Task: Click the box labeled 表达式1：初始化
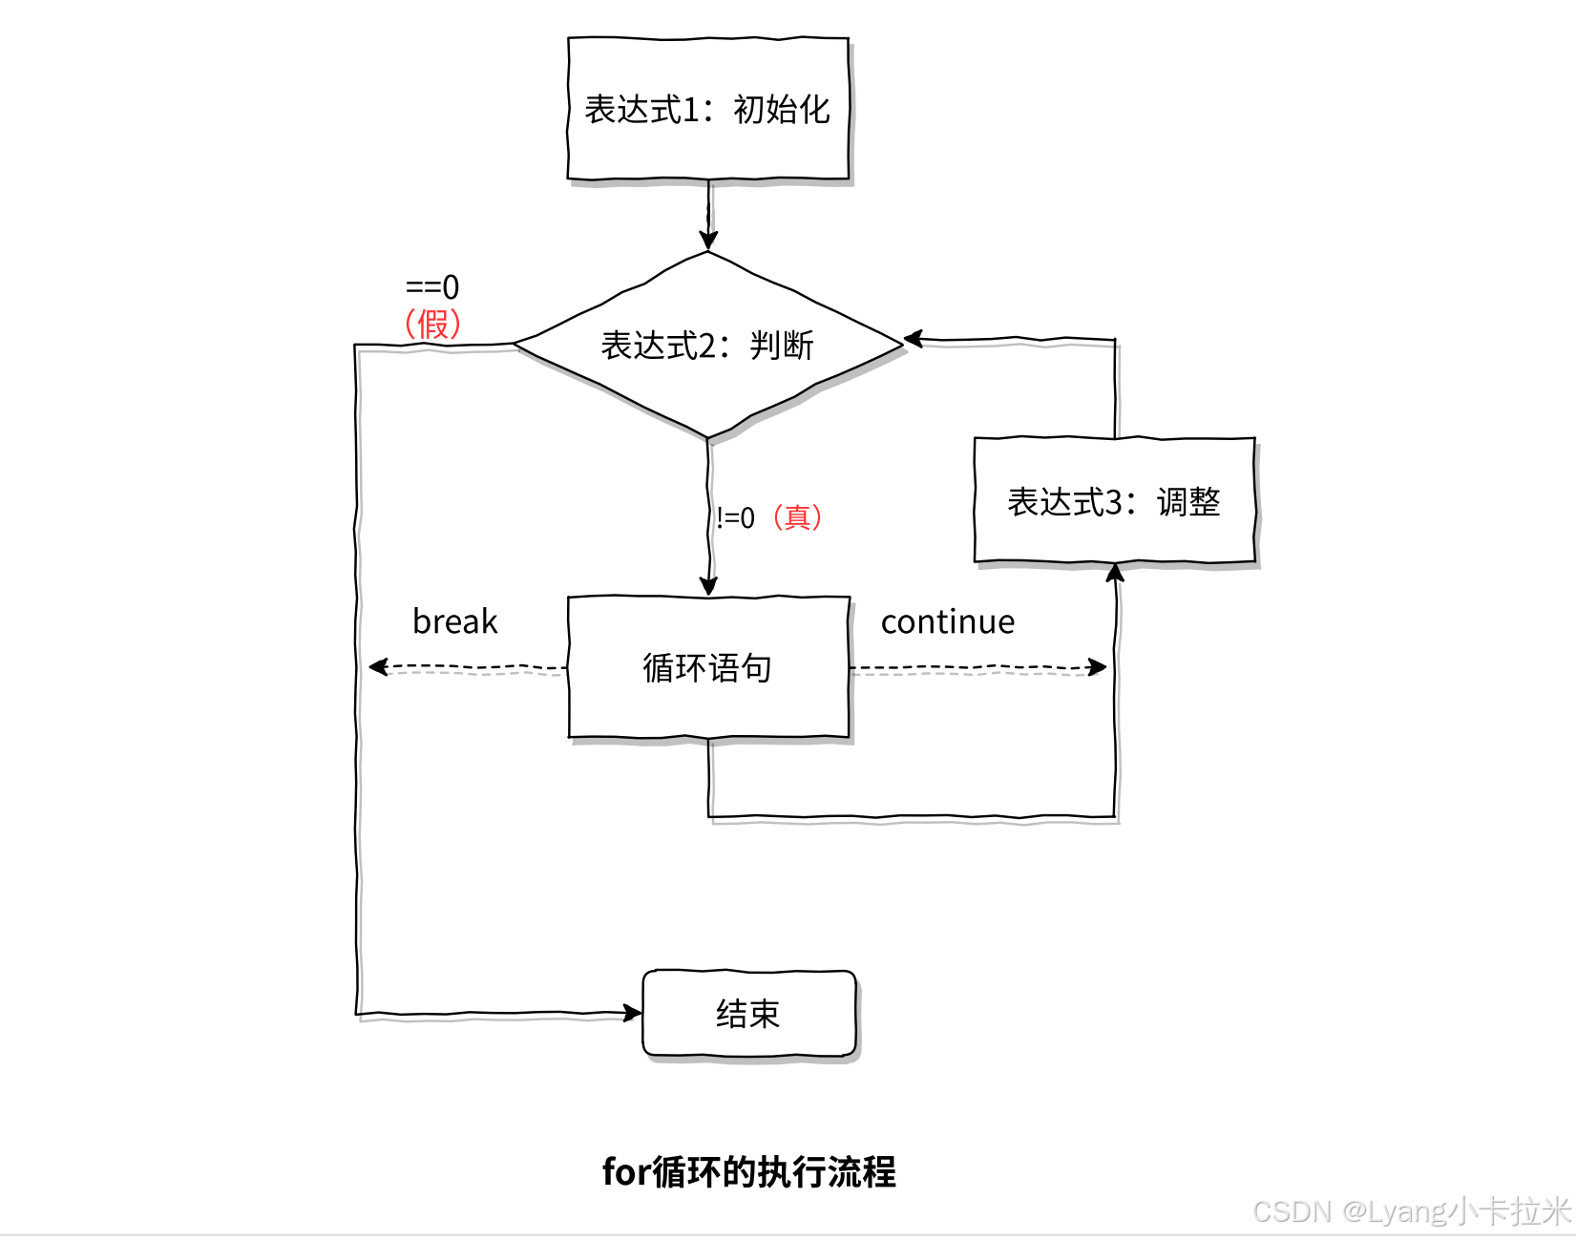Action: pyautogui.click(x=707, y=109)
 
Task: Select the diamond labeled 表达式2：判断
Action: pyautogui.click(x=707, y=345)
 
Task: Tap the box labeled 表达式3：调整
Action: pyautogui.click(x=1114, y=501)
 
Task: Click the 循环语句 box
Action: pyautogui.click(x=707, y=667)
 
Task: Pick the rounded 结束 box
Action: pyautogui.click(x=748, y=1013)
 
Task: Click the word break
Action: pyautogui.click(x=454, y=621)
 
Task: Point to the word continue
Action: pyautogui.click(x=947, y=621)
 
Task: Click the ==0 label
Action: pyautogui.click(x=432, y=286)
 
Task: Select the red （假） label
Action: pyautogui.click(x=432, y=325)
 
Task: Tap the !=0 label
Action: pyautogui.click(x=735, y=517)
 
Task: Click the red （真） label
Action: pyautogui.click(x=797, y=517)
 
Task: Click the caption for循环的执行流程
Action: pyautogui.click(x=748, y=1171)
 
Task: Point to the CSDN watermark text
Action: pyautogui.click(x=1411, y=1211)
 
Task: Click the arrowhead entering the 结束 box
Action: pyautogui.click(x=633, y=1012)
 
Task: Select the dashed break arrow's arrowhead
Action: pyautogui.click(x=378, y=666)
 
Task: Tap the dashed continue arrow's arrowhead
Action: pyautogui.click(x=1098, y=666)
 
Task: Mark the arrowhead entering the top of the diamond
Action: pyautogui.click(x=707, y=240)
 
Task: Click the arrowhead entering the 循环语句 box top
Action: pyautogui.click(x=708, y=585)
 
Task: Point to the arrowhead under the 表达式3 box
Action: pyautogui.click(x=1115, y=573)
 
